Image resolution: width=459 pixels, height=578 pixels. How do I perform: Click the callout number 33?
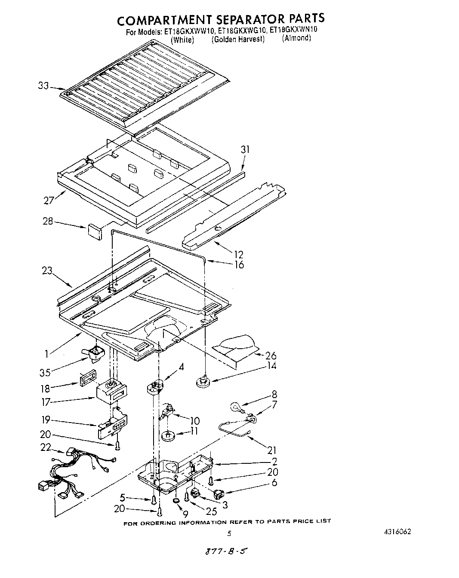(43, 86)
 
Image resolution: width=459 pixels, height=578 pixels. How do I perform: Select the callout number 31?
(245, 149)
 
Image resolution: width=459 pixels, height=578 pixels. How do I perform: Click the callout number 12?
(238, 255)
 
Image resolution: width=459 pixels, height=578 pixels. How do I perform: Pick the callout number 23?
(47, 271)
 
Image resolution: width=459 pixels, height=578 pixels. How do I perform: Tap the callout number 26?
(271, 356)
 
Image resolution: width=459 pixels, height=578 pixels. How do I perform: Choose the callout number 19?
(46, 420)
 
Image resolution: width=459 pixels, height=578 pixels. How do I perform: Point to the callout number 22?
(45, 447)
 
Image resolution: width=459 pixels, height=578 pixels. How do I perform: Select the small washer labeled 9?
(176, 501)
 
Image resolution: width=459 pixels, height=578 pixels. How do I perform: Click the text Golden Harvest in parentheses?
(238, 39)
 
